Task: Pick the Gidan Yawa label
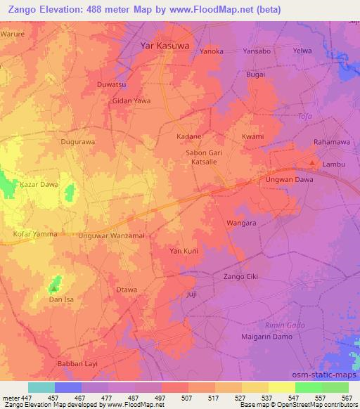[x=131, y=100]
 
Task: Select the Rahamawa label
[x=331, y=142]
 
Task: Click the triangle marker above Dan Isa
[x=54, y=287]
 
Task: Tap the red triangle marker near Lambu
[x=313, y=164]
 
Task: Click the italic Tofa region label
[x=304, y=116]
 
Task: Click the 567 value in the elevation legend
[x=347, y=398]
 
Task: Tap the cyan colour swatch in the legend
[x=41, y=387]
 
